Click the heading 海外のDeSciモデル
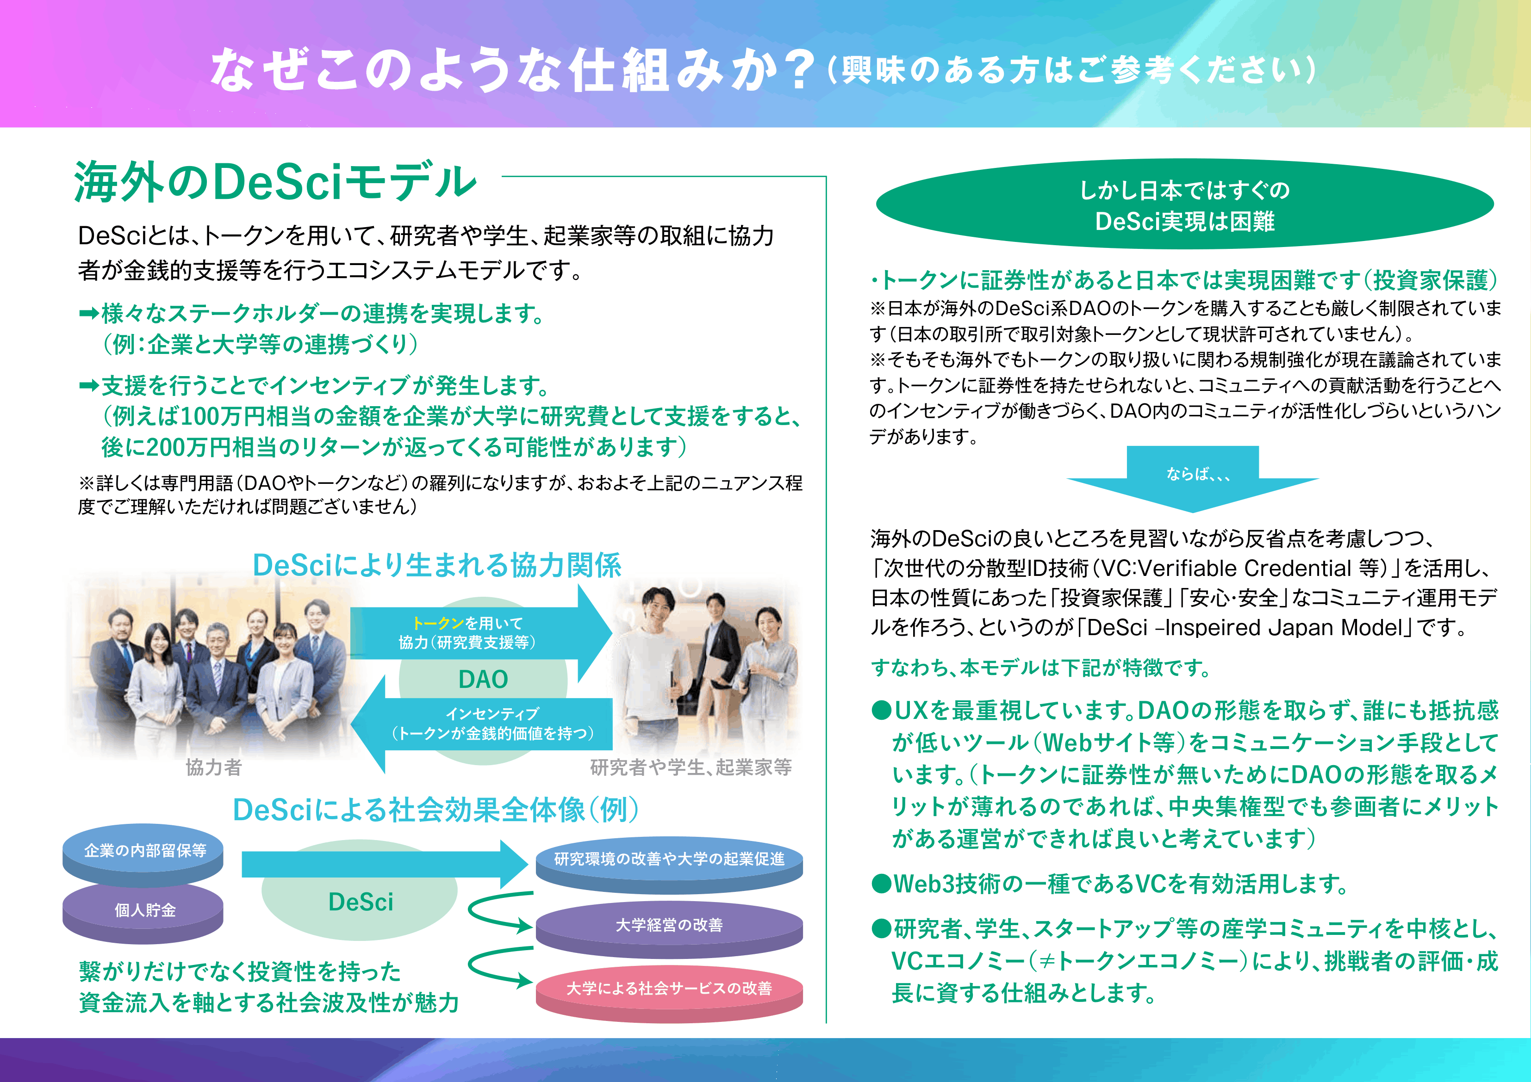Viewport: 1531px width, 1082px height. (275, 181)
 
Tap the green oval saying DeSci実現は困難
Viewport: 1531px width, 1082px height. (1184, 204)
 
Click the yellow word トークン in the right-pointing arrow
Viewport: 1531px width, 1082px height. (438, 623)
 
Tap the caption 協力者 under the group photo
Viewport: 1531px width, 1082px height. (213, 767)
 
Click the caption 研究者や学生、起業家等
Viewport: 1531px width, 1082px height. (691, 767)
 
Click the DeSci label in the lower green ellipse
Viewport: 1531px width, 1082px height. (361, 902)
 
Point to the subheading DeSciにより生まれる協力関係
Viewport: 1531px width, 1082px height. (437, 565)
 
